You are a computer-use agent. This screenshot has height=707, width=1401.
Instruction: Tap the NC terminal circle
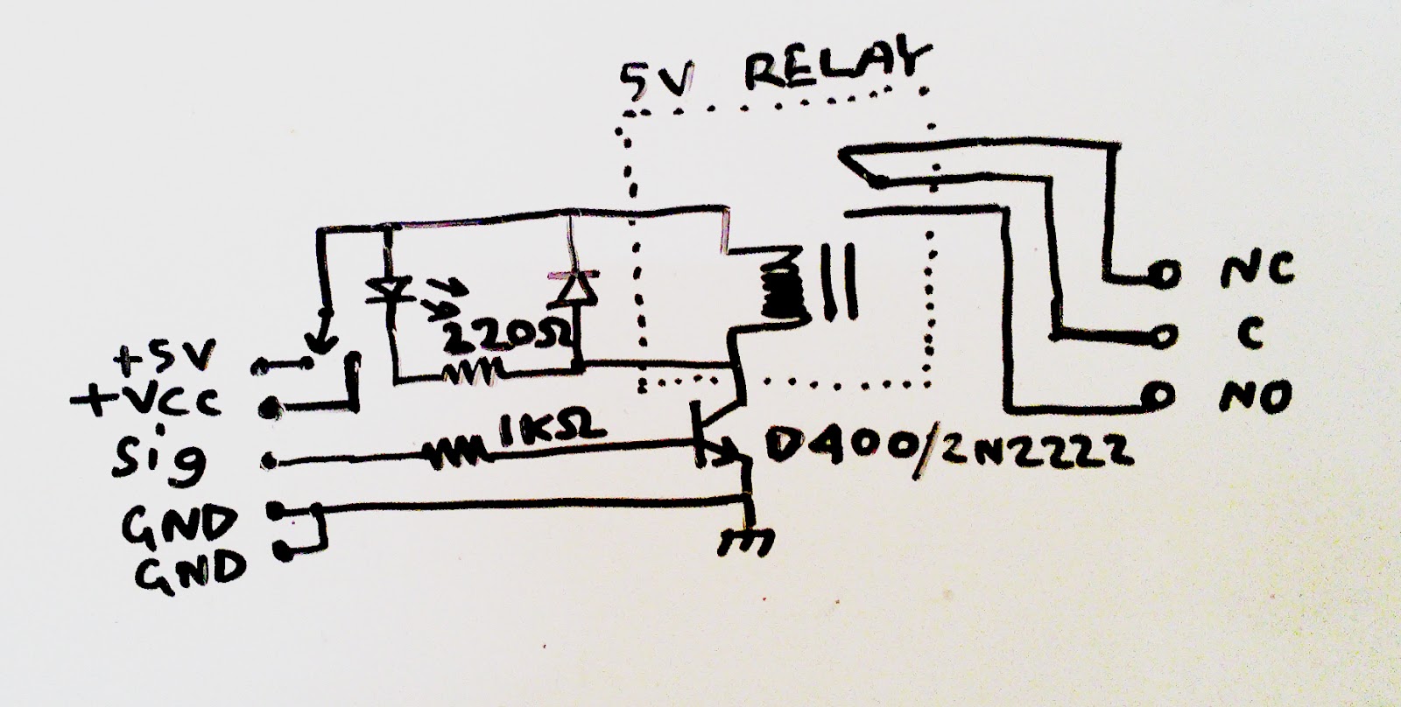click(x=1163, y=274)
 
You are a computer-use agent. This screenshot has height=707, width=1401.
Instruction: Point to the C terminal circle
click(x=1163, y=337)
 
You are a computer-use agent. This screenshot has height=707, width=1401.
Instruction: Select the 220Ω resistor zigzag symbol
click(x=472, y=374)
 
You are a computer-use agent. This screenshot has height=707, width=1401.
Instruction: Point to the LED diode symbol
click(x=391, y=290)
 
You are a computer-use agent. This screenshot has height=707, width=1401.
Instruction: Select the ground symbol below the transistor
click(x=745, y=541)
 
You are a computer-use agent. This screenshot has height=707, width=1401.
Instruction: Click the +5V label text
click(x=165, y=356)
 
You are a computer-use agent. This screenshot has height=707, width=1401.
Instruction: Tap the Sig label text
click(x=159, y=458)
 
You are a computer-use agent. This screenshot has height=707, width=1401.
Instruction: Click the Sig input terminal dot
click(x=270, y=462)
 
